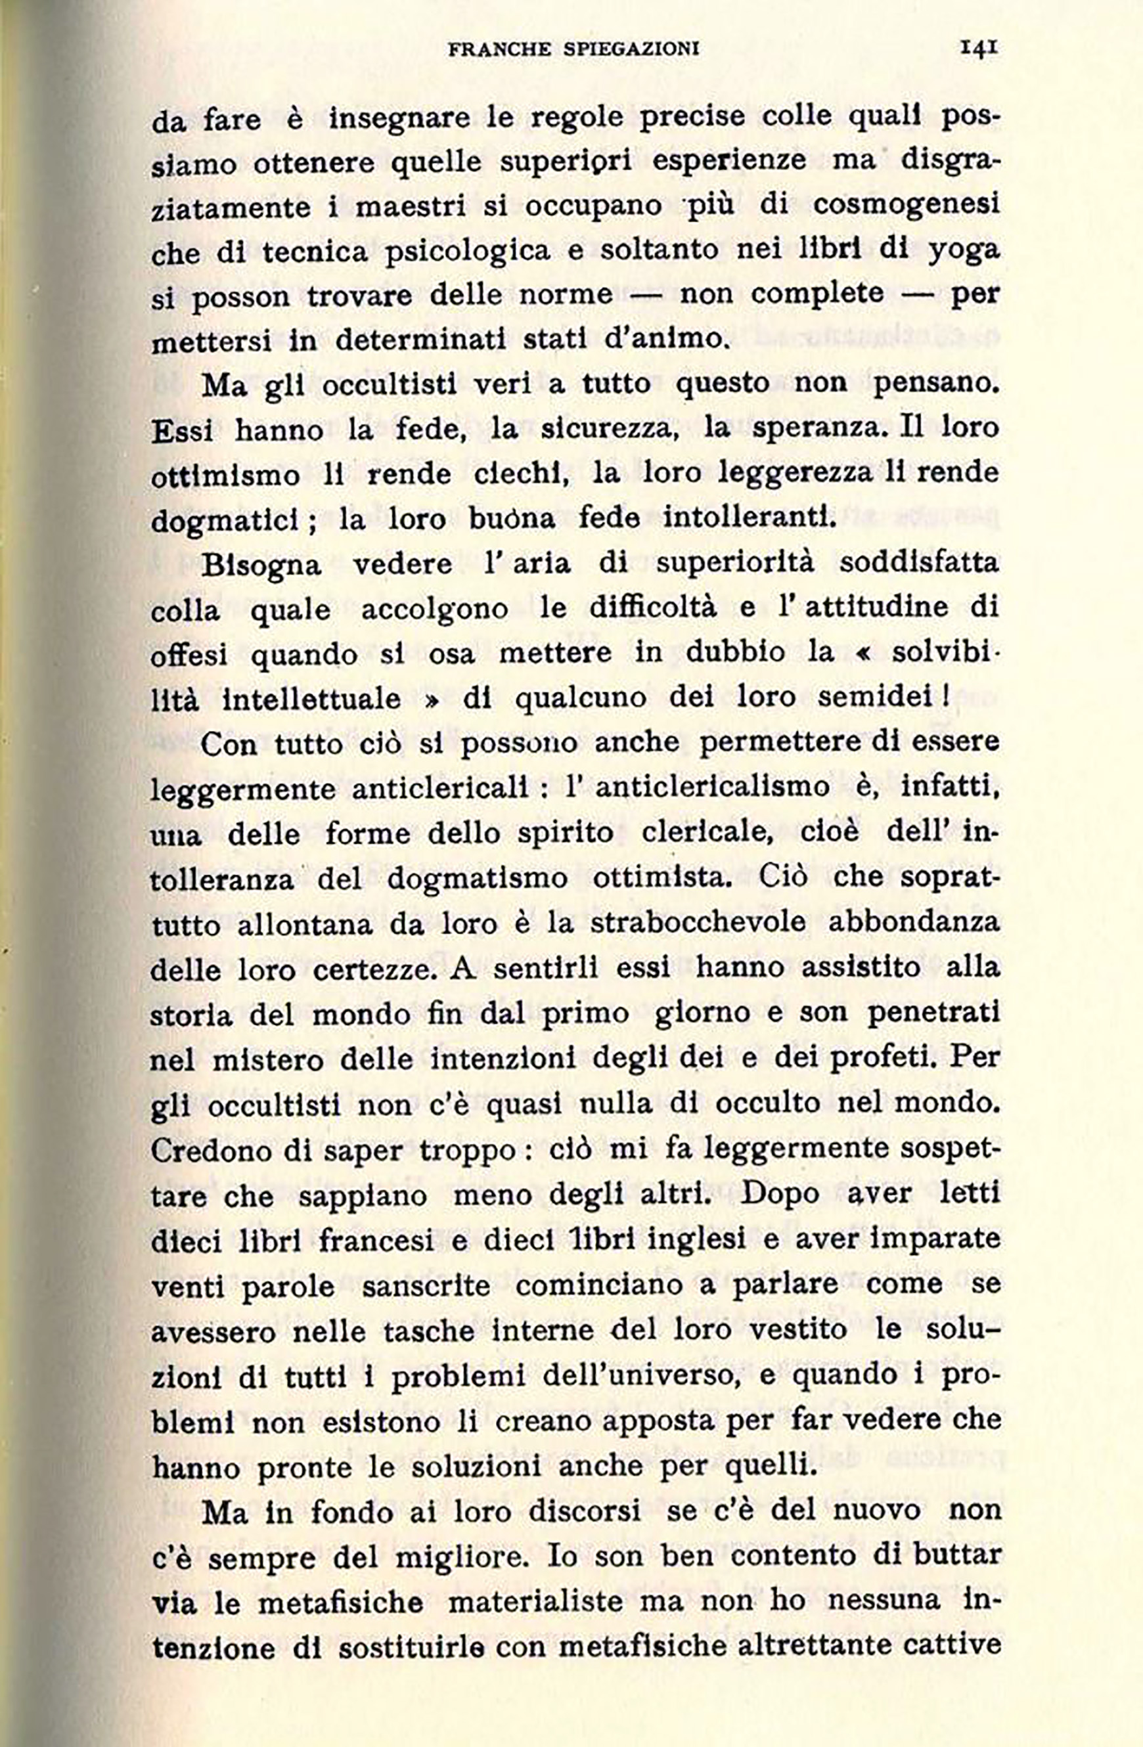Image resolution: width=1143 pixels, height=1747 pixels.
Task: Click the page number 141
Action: pos(979,48)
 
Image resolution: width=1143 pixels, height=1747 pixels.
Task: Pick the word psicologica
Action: pos(468,251)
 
